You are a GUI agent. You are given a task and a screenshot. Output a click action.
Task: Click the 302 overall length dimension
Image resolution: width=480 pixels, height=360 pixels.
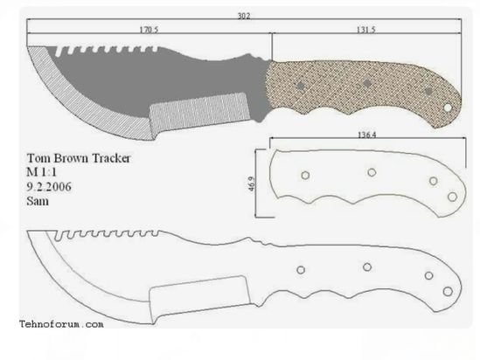pos(244,16)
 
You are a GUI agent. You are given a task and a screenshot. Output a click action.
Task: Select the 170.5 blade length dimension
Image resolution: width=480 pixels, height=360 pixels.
pos(150,30)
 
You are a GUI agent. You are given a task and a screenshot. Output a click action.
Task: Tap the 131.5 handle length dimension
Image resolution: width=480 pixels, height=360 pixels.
pos(365,30)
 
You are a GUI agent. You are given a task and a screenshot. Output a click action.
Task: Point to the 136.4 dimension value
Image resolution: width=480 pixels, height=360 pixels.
pos(366,135)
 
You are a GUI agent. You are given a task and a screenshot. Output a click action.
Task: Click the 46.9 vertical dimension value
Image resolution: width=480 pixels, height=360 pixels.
pos(252,183)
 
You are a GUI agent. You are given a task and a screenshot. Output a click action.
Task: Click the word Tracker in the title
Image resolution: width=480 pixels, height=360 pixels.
pos(111,158)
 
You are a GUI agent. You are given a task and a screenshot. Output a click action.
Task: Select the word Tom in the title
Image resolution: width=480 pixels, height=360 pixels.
pos(36,158)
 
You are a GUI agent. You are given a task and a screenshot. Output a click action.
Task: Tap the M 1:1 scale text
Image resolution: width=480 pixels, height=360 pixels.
pos(42,172)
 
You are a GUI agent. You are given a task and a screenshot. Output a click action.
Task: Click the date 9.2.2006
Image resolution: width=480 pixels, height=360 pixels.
pos(49,187)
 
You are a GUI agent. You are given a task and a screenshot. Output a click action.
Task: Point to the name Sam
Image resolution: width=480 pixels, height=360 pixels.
pos(38,201)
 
